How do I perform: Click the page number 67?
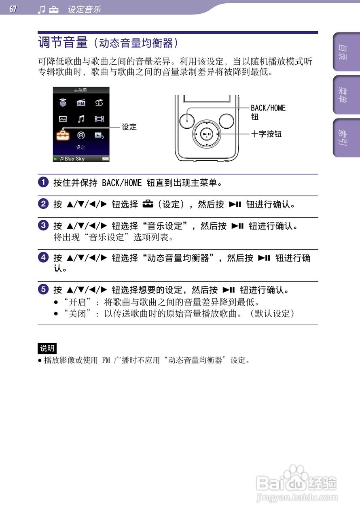pos(13,9)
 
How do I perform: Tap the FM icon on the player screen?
pos(81,103)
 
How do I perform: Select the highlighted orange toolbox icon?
pos(63,135)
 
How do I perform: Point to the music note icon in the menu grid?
pos(81,119)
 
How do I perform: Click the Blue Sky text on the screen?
pos(74,159)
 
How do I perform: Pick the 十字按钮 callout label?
pos(266,134)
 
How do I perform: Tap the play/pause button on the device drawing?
pos(207,134)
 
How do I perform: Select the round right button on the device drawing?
pos(226,120)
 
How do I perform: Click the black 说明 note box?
pos(47,348)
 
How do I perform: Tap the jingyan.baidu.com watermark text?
pos(297,497)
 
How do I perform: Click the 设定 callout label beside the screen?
pos(129,127)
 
